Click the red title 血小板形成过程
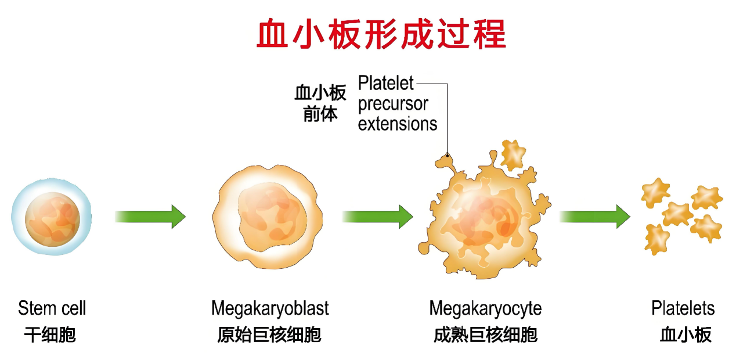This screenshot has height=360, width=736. click(381, 34)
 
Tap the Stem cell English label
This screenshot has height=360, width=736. click(52, 308)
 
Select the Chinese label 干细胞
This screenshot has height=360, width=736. click(50, 334)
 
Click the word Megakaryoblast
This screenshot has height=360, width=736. click(270, 309)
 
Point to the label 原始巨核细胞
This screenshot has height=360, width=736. click(269, 334)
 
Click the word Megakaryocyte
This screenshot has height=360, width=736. click(485, 309)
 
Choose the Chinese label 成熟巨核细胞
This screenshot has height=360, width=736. click(485, 334)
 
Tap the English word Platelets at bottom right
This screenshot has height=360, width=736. click(683, 308)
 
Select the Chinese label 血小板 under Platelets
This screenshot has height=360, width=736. click(686, 334)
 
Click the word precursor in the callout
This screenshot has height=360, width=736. click(393, 105)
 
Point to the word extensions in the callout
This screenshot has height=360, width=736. click(398, 124)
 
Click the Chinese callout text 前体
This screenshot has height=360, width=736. click(320, 114)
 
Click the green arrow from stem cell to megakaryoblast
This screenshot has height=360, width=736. click(150, 217)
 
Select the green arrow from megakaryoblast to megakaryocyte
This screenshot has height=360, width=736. click(377, 217)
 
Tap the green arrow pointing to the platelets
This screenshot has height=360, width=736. click(595, 217)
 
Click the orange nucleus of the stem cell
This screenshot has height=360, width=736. click(53, 219)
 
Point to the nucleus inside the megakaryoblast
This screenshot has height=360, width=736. click(272, 217)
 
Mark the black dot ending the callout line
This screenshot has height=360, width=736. click(447, 154)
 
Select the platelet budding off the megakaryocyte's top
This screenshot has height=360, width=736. click(513, 155)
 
